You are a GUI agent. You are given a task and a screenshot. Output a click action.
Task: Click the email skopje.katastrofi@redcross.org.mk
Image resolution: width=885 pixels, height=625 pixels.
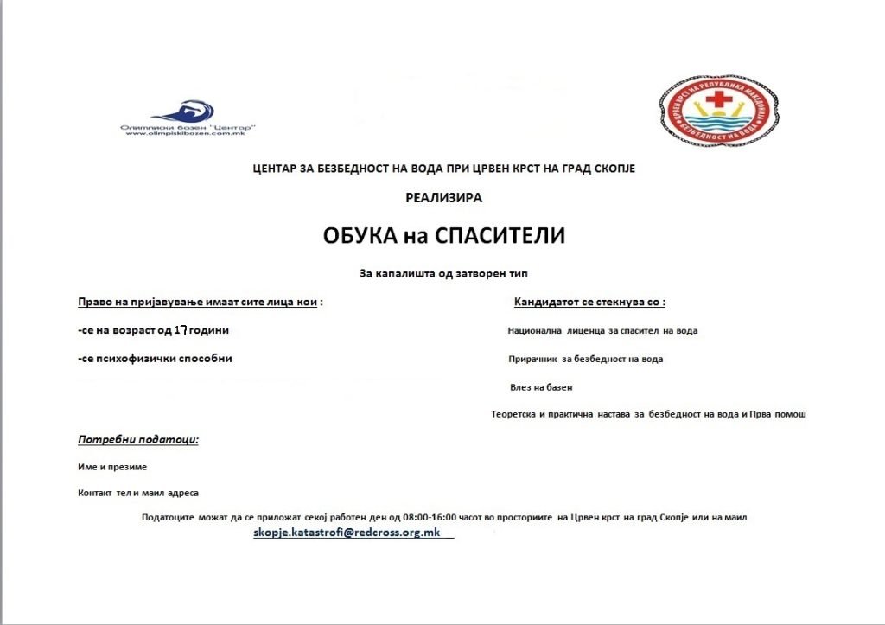click(x=347, y=533)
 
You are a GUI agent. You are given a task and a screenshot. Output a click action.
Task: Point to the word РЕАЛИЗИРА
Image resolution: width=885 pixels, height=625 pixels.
click(x=443, y=197)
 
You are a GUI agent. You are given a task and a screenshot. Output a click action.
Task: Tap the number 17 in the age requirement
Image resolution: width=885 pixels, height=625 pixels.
click(x=181, y=330)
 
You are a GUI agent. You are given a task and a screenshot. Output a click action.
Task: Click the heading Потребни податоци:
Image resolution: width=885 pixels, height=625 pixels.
click(x=138, y=439)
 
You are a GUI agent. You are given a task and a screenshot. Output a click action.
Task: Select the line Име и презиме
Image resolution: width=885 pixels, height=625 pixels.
click(x=112, y=467)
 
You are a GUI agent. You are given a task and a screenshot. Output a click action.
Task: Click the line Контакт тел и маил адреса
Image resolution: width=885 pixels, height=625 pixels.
click(x=138, y=493)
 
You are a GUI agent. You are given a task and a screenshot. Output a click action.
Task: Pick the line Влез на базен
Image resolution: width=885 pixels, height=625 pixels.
click(x=542, y=387)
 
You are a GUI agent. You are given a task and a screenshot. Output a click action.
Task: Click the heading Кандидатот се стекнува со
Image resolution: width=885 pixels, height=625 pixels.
click(x=589, y=303)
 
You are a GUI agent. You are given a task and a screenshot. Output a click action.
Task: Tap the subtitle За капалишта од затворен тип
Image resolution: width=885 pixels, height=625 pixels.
click(x=443, y=273)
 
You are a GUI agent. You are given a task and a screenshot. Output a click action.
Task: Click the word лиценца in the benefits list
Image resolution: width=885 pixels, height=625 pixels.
click(x=593, y=330)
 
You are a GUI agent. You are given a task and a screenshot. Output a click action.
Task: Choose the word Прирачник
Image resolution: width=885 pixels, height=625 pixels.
click(x=532, y=359)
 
